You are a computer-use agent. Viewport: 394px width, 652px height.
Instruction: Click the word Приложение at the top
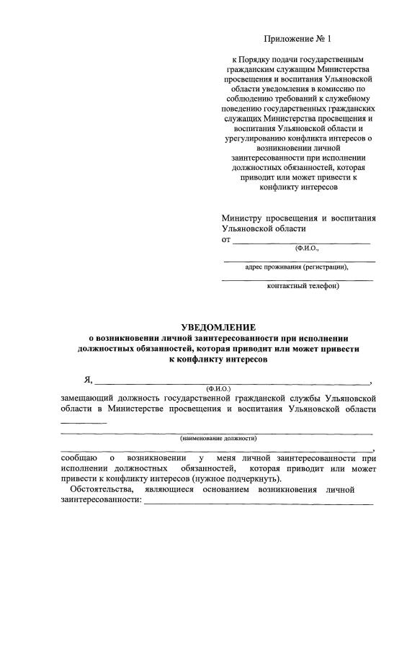click(285, 37)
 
